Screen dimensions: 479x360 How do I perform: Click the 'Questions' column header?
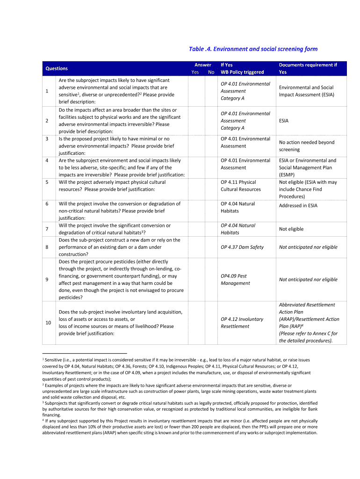[x=56, y=68]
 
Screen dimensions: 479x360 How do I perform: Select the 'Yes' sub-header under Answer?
[x=195, y=72]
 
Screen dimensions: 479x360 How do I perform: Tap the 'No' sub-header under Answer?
[x=211, y=72]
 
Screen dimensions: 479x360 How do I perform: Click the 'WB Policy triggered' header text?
[x=242, y=72]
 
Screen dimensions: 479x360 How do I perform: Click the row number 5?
[x=47, y=182]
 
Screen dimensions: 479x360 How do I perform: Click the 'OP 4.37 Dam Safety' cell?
[x=242, y=247]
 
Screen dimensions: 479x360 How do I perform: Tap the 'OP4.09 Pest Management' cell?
[x=235, y=279]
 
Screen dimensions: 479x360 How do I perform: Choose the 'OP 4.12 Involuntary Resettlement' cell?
[x=242, y=322]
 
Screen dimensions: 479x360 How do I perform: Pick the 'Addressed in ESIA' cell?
[x=298, y=205]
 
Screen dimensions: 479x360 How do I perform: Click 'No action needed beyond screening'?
[x=306, y=146]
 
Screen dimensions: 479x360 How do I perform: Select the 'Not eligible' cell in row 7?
[x=291, y=229]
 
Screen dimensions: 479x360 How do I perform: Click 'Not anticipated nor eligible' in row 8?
[x=308, y=247]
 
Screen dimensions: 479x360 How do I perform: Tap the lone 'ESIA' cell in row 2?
[x=284, y=121]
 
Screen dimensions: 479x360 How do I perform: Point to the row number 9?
[x=47, y=279]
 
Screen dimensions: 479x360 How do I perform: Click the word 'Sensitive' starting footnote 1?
[x=55, y=360]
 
